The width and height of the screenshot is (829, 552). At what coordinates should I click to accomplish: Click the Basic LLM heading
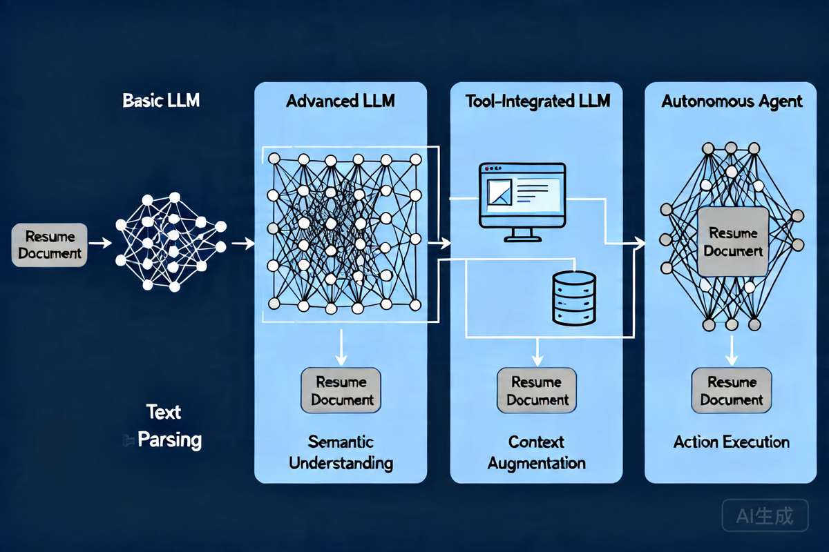[x=161, y=101]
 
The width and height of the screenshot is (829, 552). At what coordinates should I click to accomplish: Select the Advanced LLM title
[x=341, y=101]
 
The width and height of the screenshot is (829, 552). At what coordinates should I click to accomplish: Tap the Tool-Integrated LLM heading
[x=537, y=101]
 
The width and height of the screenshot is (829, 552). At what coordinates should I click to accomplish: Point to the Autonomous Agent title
[x=732, y=101]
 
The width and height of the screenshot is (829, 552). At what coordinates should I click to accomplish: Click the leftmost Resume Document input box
[x=50, y=245]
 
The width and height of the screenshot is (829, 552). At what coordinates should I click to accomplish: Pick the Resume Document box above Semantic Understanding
[x=342, y=391]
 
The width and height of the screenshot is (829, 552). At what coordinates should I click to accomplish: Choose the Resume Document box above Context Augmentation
[x=537, y=391]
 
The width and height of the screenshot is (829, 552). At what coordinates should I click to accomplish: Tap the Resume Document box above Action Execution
[x=732, y=391]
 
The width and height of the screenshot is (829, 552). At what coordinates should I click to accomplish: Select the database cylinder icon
[x=574, y=297]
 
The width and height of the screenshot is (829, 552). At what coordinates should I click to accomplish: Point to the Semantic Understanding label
[x=341, y=452]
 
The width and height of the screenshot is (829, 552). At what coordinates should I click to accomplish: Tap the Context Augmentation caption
[x=537, y=452]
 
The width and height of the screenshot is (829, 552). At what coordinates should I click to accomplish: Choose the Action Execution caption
[x=732, y=442]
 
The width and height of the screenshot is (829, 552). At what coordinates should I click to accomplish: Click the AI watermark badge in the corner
[x=765, y=515]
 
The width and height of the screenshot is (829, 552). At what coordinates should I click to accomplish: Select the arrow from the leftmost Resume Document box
[x=101, y=243]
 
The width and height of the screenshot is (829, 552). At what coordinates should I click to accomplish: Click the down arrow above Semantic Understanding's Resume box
[x=341, y=348]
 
